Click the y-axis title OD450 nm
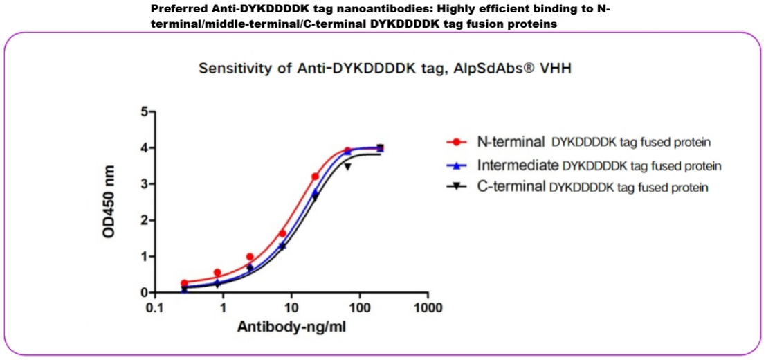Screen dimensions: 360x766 click(109, 203)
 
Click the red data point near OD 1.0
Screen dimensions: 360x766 click(250, 257)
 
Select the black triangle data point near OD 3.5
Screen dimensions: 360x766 click(348, 167)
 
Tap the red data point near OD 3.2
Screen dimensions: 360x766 click(315, 177)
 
